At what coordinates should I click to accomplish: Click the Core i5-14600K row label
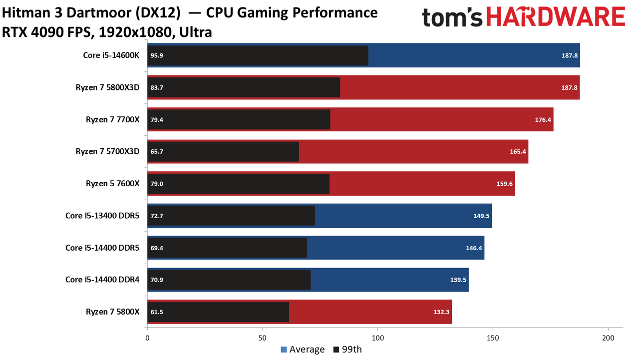point(111,55)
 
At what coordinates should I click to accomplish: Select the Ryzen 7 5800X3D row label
point(107,87)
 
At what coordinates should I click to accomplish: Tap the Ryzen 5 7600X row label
point(113,183)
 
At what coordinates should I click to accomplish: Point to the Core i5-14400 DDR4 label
point(102,280)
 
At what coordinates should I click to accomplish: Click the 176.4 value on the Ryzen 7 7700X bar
point(543,120)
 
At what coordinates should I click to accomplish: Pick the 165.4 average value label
point(518,151)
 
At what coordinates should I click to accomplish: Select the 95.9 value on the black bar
point(157,55)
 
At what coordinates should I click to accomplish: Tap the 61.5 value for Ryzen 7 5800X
point(157,312)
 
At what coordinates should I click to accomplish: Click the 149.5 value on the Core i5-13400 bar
point(481,216)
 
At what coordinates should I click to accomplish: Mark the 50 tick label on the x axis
point(262,338)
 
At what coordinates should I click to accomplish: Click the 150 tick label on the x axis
point(493,338)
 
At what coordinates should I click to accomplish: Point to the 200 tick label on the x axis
point(608,338)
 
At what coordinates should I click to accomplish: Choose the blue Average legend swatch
point(284,350)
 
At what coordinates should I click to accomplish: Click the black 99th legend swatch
point(336,350)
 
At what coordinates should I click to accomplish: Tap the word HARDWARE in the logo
point(556,17)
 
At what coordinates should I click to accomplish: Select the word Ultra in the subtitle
point(195,32)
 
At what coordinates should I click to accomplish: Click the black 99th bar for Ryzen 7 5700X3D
point(223,152)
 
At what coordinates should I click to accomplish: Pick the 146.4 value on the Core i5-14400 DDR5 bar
point(474,248)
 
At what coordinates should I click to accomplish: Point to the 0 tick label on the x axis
point(147,338)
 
